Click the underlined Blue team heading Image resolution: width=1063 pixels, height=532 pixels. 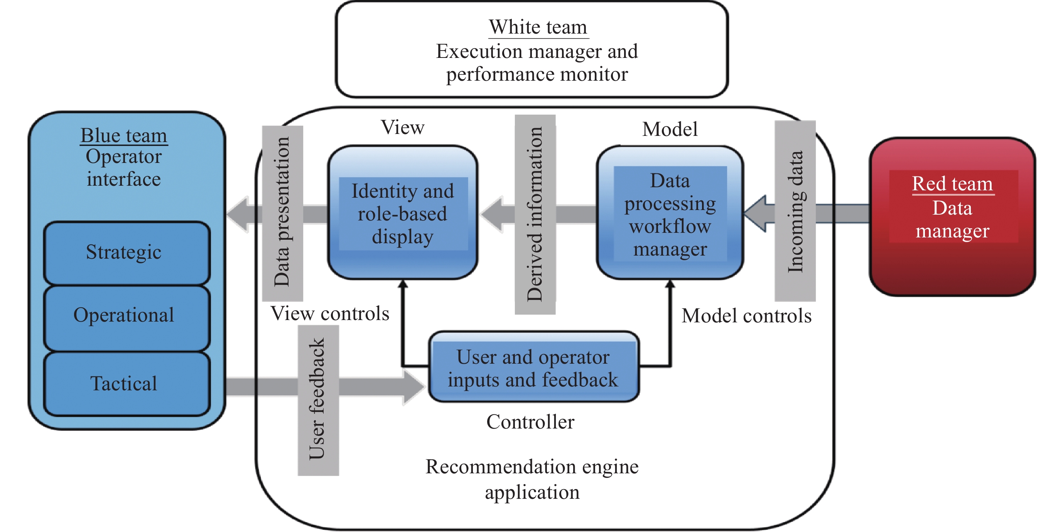coord(124,136)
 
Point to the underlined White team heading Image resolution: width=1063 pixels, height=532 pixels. coord(538,27)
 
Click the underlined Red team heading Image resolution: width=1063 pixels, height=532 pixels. coord(952,184)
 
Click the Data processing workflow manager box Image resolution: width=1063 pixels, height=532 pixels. coord(670,213)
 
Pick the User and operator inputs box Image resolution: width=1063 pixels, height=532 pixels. coord(533,367)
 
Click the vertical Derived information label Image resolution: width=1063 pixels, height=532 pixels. coord(535,214)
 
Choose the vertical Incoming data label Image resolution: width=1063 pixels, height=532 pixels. coord(795,211)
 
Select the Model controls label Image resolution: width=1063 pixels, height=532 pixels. coord(746,316)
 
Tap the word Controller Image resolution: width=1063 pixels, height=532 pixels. coord(530,422)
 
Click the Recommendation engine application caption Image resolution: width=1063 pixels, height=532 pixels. coord(532,479)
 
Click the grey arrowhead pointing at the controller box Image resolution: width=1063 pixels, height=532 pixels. coord(413,387)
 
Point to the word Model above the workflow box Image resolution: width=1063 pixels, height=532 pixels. coord(670,129)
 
